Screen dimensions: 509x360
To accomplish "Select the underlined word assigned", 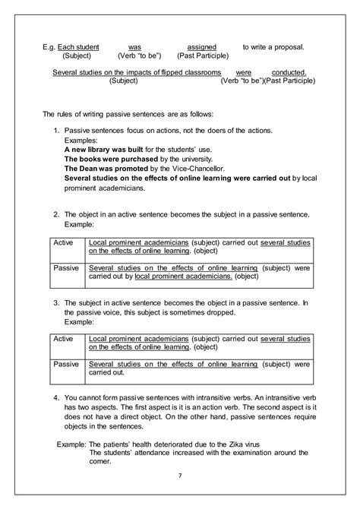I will click(202, 46).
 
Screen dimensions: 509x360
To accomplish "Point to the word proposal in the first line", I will click(286, 46).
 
